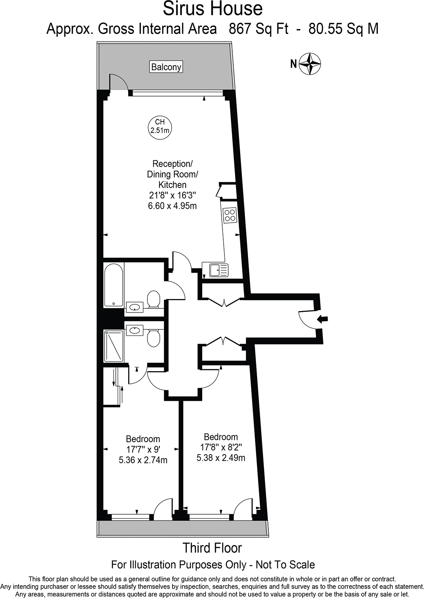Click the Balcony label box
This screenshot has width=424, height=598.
click(166, 67)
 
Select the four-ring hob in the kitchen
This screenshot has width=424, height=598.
click(230, 215)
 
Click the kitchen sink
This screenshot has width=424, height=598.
click(215, 270)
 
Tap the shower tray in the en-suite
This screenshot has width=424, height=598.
click(114, 346)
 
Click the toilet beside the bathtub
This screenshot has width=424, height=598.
click(153, 299)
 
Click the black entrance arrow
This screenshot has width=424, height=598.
click(323, 319)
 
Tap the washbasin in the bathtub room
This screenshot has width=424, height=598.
click(134, 307)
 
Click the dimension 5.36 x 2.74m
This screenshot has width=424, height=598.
click(143, 460)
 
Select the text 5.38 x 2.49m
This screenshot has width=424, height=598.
click(221, 458)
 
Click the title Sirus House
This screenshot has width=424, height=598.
click(212, 9)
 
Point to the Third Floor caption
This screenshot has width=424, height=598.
click(212, 548)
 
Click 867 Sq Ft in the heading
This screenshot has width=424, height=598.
click(259, 29)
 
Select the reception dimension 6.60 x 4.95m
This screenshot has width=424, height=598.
click(172, 206)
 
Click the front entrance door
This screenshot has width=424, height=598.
click(306, 319)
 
